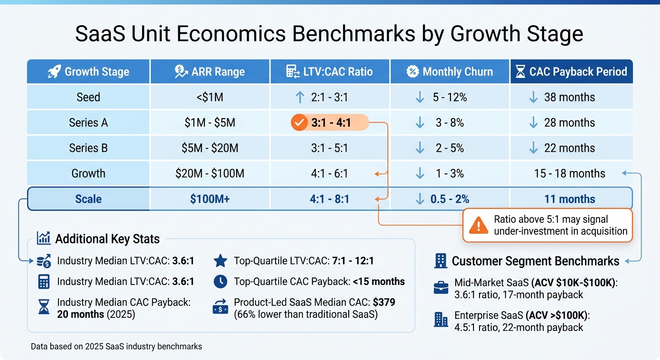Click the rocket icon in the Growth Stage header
pos(54,72)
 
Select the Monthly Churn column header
pos(450,72)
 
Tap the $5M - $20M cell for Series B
pos(210,148)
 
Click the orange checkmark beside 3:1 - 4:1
pos(298,123)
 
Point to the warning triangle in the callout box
pos(478,225)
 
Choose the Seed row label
pos(88,97)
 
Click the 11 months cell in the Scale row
pos(570,199)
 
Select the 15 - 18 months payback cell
pos(570,173)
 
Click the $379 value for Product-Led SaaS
pos(384,302)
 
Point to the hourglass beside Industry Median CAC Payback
pos(44,307)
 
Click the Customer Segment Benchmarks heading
pos(535,261)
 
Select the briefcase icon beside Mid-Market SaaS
pos(441,288)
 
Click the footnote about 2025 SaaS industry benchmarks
pos(116,346)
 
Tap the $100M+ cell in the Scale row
pos(210,199)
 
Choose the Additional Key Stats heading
pos(107,239)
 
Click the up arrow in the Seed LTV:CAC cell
pos(300,97)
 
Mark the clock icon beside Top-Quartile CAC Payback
pos(220,281)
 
